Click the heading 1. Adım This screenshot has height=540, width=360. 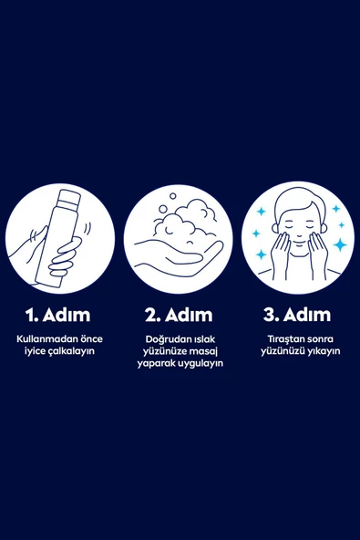point(59,315)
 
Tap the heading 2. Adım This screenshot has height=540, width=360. point(179,315)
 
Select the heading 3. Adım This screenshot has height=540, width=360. point(297,315)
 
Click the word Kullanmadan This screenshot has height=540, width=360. point(46,338)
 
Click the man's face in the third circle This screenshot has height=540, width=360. point(296,228)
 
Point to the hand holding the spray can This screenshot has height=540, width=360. point(59,260)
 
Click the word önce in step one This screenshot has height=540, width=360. point(89,338)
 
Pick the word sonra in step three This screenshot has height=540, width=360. point(315,338)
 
